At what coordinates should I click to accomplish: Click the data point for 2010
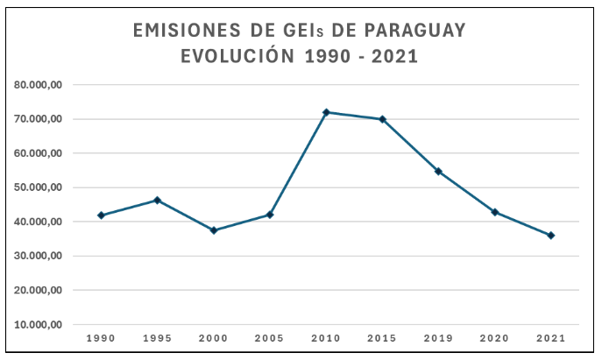pos(326,112)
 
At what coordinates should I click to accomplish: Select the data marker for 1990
pos(101,215)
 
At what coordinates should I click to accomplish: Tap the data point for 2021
pos(551,236)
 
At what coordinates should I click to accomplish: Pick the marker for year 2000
pos(214,230)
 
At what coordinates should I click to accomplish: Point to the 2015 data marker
pos(382,119)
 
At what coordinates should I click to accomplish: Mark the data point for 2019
pos(438,172)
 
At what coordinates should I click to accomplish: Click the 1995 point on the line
pos(157,201)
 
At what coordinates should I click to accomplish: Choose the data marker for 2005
pos(270,215)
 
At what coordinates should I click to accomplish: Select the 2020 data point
pos(495,212)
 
